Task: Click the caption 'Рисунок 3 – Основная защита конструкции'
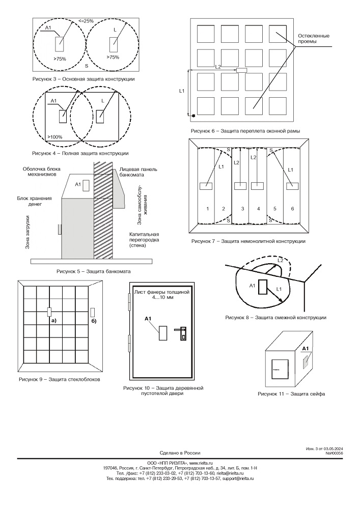tap(84, 79)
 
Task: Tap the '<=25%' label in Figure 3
tap(86, 20)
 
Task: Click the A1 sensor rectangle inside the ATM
tap(86, 184)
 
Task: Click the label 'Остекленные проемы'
tap(313, 39)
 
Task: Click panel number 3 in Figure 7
tap(242, 209)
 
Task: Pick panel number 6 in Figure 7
tap(292, 209)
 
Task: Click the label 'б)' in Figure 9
tap(94, 321)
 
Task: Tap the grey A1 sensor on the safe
tap(306, 361)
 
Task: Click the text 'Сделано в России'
tap(180, 453)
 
